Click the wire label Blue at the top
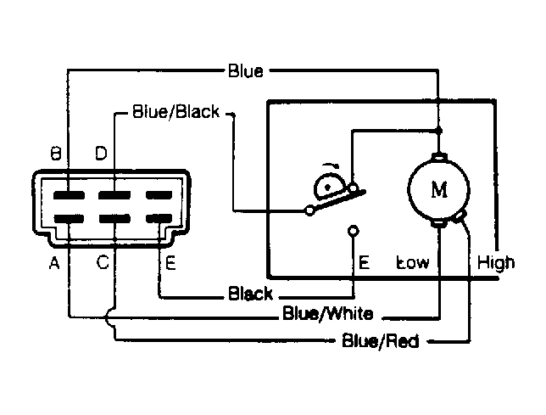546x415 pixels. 246,70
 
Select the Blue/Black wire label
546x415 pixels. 176,112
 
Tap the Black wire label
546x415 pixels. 250,294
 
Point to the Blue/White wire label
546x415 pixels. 327,313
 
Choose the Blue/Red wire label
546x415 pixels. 380,340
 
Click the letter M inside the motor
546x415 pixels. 439,190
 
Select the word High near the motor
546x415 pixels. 496,262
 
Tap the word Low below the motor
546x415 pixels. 413,262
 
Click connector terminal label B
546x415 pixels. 56,154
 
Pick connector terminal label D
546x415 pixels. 101,153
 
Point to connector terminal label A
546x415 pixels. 54,263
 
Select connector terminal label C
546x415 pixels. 103,262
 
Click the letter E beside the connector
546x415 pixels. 170,263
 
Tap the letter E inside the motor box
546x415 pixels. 364,262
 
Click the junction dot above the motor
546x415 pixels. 439,131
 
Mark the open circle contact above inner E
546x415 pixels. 354,230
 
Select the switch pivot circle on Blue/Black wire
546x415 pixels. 309,210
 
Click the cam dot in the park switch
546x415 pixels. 327,188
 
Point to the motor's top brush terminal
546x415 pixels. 439,157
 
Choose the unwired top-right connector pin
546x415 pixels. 159,195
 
